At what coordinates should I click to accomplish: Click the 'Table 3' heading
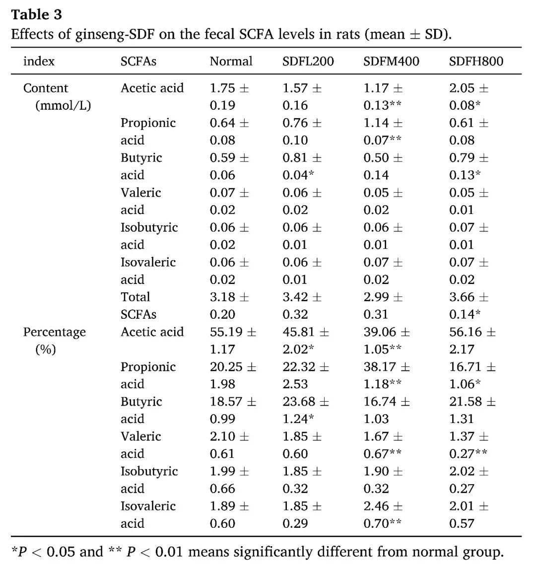point(36,15)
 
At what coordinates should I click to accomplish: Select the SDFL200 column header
point(308,62)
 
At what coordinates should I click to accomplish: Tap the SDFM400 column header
point(391,62)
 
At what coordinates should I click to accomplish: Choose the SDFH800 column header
point(476,62)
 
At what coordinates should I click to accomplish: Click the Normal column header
point(231,62)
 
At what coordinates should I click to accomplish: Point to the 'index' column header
point(39,62)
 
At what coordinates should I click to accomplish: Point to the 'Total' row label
point(135,297)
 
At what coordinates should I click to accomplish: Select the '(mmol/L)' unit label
point(63,105)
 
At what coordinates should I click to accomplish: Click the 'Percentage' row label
point(55,332)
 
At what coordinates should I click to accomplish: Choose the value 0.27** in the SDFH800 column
point(468,454)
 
